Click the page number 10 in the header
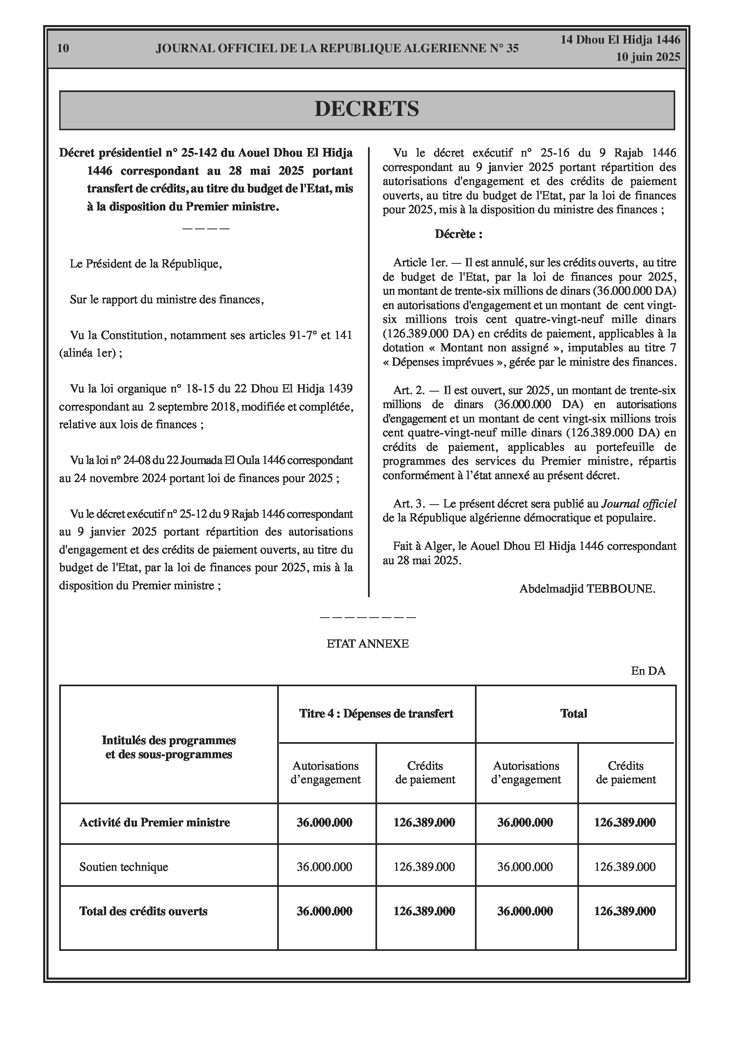click(63, 48)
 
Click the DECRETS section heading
click(366, 109)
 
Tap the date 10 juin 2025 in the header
click(648, 57)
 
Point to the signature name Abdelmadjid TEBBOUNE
click(587, 588)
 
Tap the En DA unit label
click(648, 671)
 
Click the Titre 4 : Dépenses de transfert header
click(376, 713)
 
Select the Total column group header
click(573, 713)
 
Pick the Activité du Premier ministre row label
click(154, 822)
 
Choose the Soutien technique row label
click(123, 867)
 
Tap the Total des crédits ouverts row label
click(143, 911)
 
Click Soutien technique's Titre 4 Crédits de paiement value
click(424, 867)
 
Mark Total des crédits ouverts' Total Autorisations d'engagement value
click(525, 911)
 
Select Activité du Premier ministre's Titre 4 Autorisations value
click(324, 822)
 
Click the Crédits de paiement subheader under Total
click(625, 773)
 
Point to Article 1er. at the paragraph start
click(420, 263)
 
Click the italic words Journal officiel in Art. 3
click(638, 504)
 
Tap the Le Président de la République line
click(146, 263)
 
